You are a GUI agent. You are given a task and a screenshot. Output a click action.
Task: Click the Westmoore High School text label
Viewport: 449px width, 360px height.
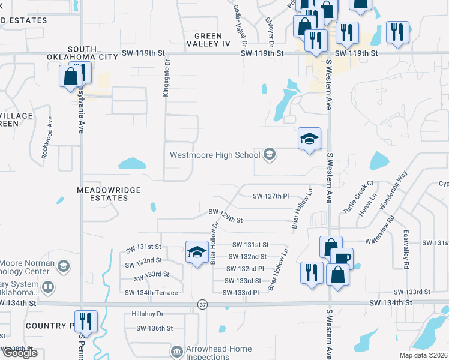tap(214, 155)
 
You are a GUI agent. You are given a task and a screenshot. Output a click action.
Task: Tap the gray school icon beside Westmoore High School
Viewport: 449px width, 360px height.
tap(270, 155)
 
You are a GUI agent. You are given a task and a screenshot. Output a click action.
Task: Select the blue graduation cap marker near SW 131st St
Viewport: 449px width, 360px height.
tap(197, 253)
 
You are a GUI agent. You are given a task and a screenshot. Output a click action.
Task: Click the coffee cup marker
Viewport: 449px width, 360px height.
tap(341, 259)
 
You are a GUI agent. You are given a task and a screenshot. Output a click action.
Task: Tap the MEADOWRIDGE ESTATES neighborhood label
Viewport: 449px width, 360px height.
tap(109, 193)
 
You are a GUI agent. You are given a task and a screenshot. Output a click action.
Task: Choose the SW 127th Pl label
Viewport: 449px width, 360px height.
tap(271, 196)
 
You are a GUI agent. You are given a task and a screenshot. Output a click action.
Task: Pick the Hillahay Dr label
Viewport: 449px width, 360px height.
tap(147, 314)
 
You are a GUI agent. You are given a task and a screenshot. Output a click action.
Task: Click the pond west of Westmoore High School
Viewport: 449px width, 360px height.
tap(132, 163)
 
